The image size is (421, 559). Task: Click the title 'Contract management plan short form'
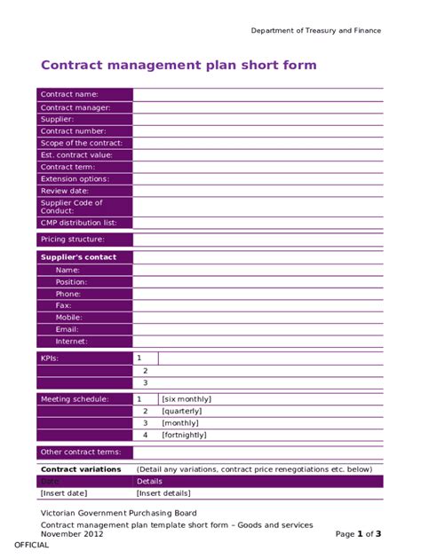179,65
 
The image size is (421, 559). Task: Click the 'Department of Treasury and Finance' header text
315,30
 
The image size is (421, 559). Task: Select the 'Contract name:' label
69,94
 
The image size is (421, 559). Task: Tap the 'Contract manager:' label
75,107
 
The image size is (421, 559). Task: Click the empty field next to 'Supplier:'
258,119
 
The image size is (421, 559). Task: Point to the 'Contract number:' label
74,130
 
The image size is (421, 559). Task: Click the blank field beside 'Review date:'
258,190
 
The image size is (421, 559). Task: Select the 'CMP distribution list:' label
78,223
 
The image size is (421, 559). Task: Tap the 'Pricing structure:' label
73,239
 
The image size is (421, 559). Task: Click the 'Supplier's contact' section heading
78,257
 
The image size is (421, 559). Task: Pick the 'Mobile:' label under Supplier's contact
69,317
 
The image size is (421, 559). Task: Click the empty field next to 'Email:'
258,329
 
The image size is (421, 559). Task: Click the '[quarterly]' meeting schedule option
181,411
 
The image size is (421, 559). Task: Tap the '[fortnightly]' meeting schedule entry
184,435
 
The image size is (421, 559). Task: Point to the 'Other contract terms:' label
80,452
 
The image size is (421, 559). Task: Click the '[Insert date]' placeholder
64,492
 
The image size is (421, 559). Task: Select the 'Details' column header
149,481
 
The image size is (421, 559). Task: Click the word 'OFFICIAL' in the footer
31,545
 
